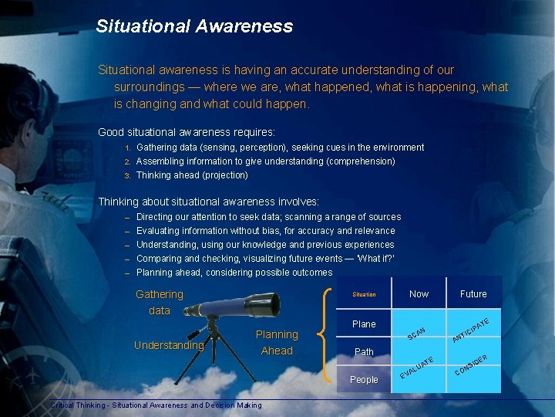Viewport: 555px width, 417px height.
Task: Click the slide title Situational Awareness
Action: [x=194, y=26]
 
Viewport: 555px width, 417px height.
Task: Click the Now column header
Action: [x=419, y=294]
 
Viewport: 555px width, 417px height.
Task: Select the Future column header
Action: [x=473, y=294]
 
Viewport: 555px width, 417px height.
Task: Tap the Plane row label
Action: [x=364, y=324]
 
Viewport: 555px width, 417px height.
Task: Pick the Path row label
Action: [x=364, y=352]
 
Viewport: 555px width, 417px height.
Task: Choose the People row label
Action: [x=364, y=380]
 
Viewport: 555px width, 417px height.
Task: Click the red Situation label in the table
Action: [x=364, y=294]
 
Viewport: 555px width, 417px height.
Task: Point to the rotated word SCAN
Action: [x=417, y=332]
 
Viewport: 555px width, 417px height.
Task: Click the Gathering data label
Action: [x=160, y=302]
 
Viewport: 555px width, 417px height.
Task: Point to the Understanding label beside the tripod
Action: [x=168, y=345]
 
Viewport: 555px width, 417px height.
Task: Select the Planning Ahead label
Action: [x=277, y=343]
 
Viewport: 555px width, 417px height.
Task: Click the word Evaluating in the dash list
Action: [x=160, y=231]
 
